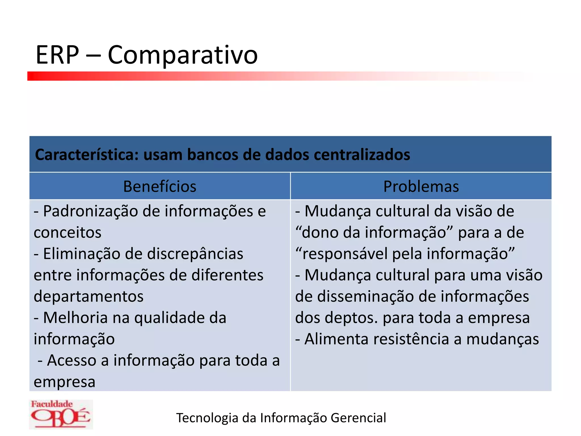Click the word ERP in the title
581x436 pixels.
57,55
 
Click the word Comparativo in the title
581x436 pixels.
183,55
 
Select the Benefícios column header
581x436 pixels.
160,186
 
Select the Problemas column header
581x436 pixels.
421,186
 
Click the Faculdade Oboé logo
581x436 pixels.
61,414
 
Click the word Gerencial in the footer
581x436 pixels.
358,418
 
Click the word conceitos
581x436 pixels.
68,232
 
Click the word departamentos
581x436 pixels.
89,297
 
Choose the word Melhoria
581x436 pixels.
75,318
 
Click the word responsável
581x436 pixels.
345,254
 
